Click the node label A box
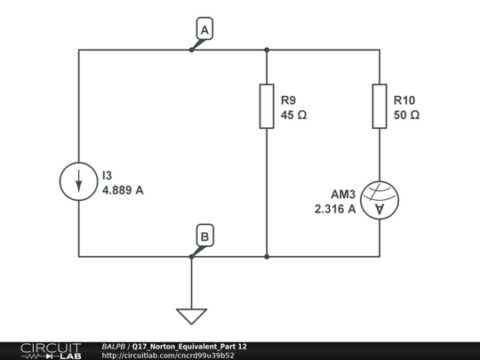tap(204, 28)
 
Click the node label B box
tap(204, 236)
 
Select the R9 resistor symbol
tap(267, 107)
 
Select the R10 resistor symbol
tap(380, 107)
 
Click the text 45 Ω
tap(293, 115)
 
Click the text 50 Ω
tap(406, 115)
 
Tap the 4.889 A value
tap(123, 190)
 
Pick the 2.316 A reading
tap(335, 209)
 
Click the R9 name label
tap(288, 100)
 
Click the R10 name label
tap(404, 100)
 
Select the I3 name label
tap(108, 175)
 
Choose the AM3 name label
tap(343, 194)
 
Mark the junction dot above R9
tap(267, 50)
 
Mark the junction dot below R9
tap(267, 257)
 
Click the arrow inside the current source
tap(79, 181)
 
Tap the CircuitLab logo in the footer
tap(52, 351)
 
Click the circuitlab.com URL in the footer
tap(168, 356)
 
